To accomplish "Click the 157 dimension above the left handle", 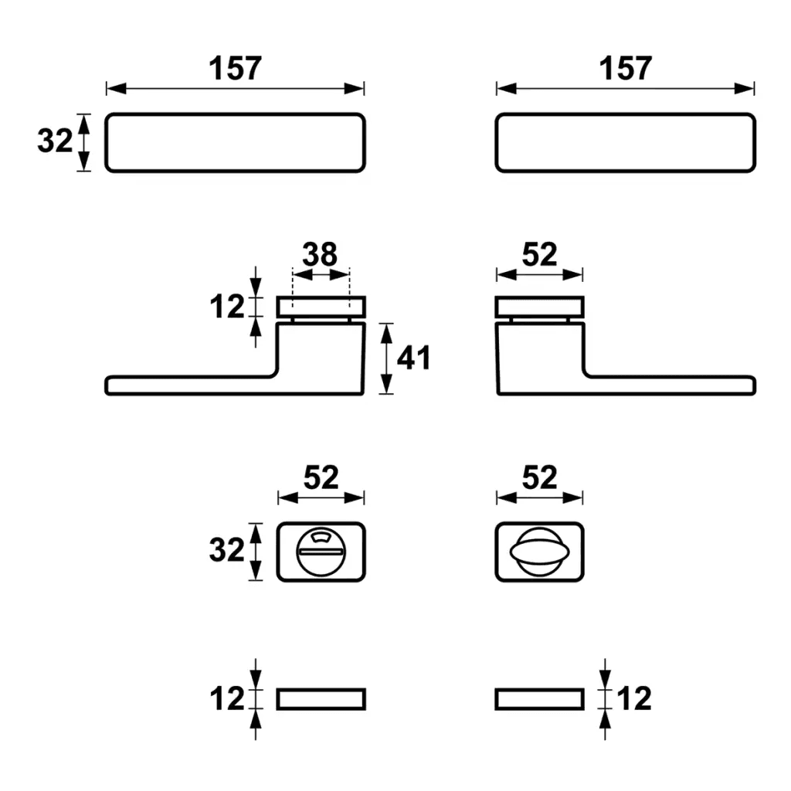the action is tap(235, 68).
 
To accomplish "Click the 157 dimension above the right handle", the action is tap(625, 68).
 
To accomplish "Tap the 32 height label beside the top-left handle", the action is tap(55, 141).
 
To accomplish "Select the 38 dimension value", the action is tap(320, 254).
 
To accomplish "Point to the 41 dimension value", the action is tap(414, 358).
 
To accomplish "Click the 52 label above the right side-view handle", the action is tap(539, 254).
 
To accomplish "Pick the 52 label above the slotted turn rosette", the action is tap(321, 477).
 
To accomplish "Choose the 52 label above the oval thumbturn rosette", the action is tap(539, 477).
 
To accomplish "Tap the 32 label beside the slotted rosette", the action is tap(226, 550).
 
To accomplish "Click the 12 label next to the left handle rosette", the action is tap(227, 306).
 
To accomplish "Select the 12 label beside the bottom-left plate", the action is tap(227, 698).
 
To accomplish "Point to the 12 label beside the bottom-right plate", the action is tap(634, 698).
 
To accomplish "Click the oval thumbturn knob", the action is tap(539, 552).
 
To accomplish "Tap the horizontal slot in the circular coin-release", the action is tap(321, 552).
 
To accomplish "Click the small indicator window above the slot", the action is tap(320, 537).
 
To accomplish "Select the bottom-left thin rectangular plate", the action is tap(321, 699).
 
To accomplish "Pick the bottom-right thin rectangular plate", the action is tap(539, 699).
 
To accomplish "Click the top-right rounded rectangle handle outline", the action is tap(625, 143).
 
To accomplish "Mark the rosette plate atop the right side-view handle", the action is tap(539, 307).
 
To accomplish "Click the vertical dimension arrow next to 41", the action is tap(386, 358).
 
